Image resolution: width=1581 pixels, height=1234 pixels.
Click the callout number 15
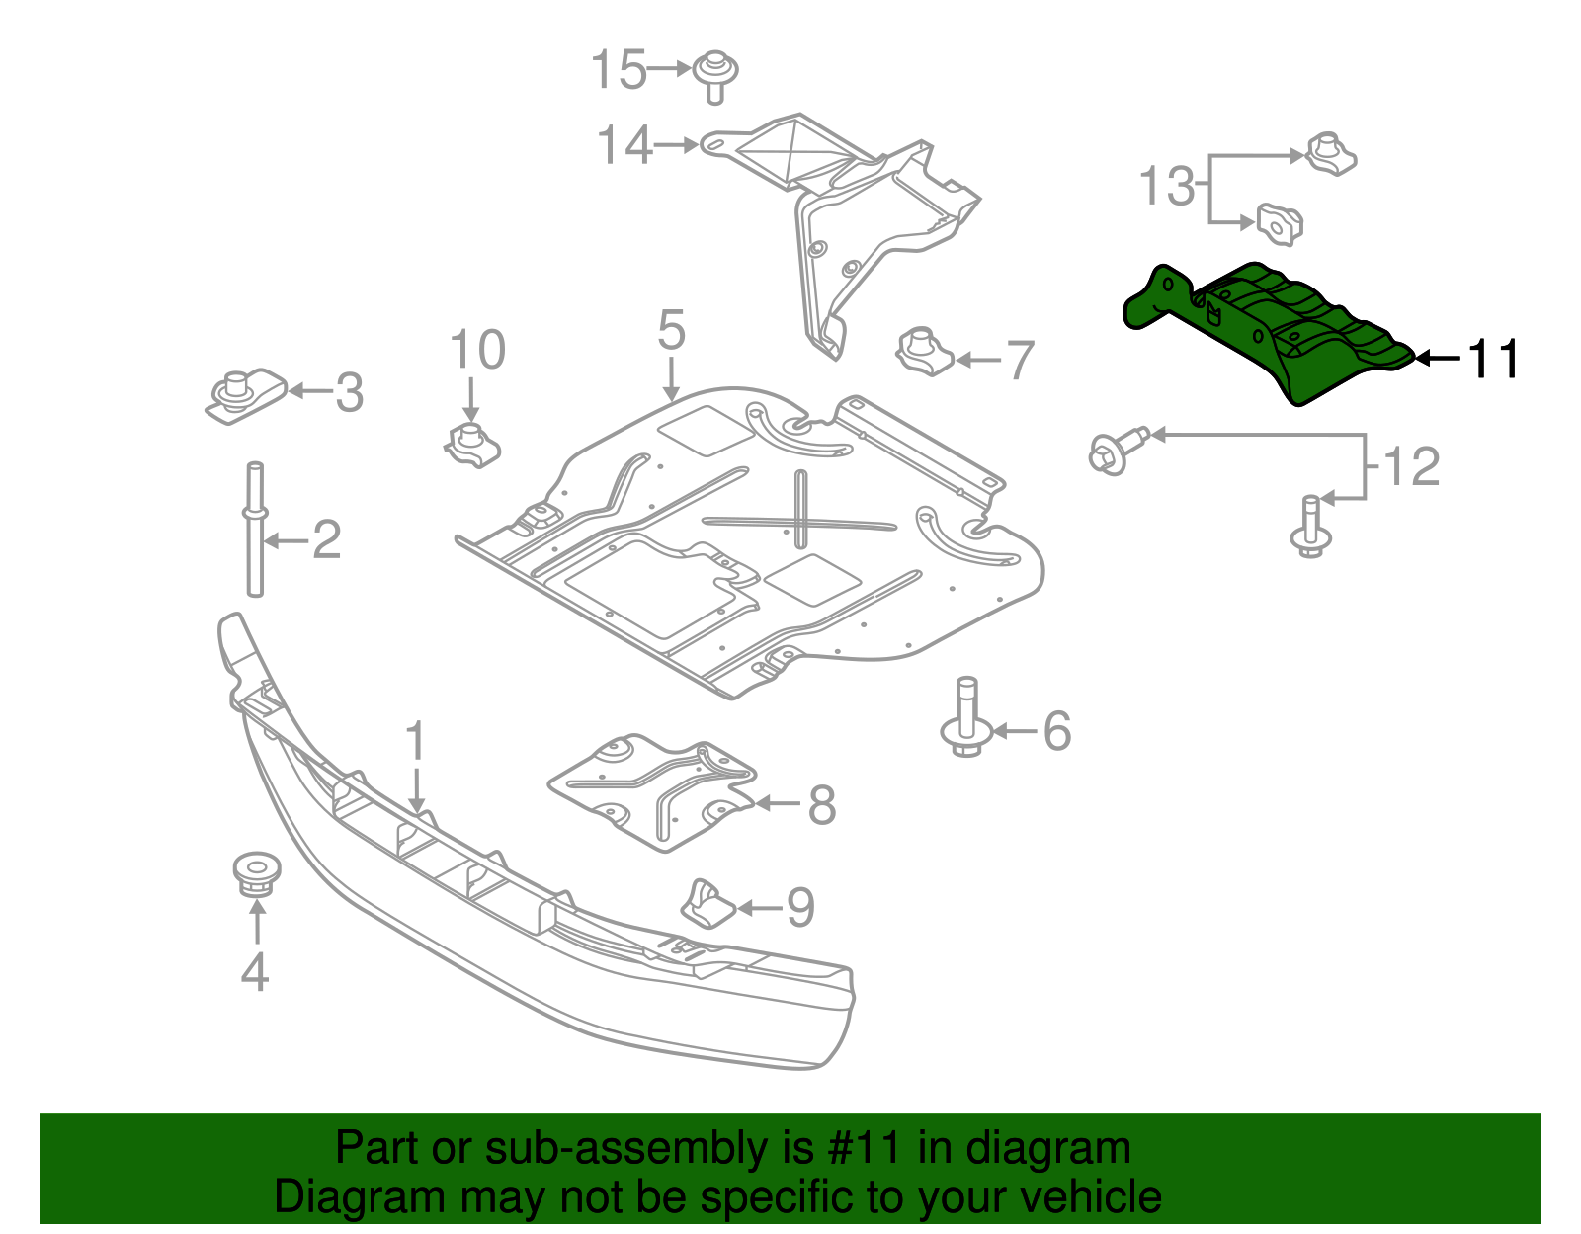click(x=618, y=70)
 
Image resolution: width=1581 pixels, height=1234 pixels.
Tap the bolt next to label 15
click(x=715, y=75)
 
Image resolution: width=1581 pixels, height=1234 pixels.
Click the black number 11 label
click(x=1493, y=359)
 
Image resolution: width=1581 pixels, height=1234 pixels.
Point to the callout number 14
click(x=624, y=146)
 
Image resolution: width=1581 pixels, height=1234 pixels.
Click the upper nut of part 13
click(x=1331, y=155)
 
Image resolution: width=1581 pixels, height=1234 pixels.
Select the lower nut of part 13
click(x=1280, y=224)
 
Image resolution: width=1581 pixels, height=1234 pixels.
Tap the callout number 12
click(x=1411, y=466)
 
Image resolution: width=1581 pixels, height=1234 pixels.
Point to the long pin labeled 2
click(x=255, y=529)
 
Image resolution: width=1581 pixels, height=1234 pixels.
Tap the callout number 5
click(x=671, y=330)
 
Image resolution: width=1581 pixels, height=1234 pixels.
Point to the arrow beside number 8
click(x=778, y=804)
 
